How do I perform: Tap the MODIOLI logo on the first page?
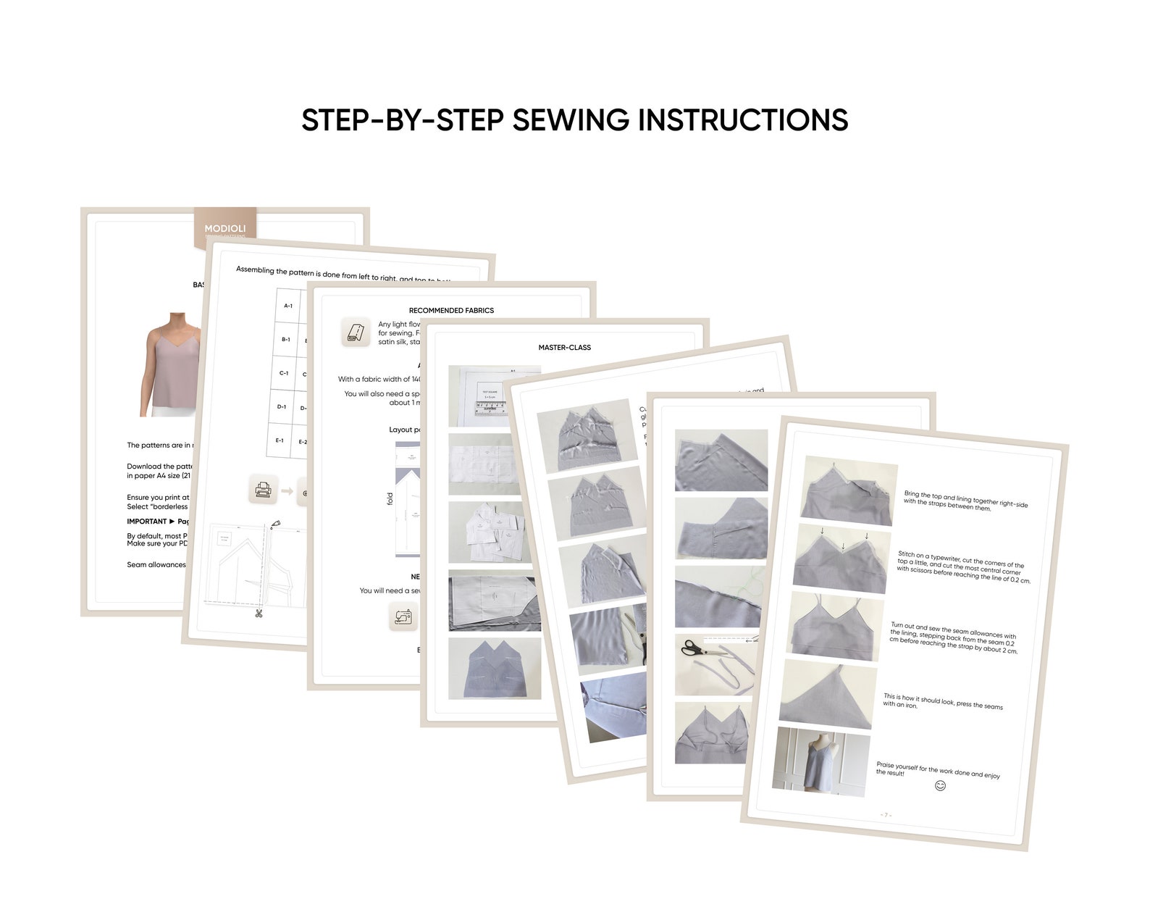coord(224,228)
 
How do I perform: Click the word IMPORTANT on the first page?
coord(146,522)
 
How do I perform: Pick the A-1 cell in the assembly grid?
coord(288,306)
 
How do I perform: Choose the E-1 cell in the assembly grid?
coord(280,440)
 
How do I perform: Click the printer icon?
coord(262,490)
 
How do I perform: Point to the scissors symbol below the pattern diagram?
coord(257,614)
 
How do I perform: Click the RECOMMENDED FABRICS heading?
coord(451,311)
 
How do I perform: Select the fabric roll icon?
coord(356,332)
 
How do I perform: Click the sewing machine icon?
coord(403,616)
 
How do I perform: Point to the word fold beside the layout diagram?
coord(390,498)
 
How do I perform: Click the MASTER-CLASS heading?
coord(564,348)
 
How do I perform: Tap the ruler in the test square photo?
coord(490,408)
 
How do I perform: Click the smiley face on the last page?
coord(940,786)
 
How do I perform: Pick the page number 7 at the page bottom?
coord(886,815)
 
